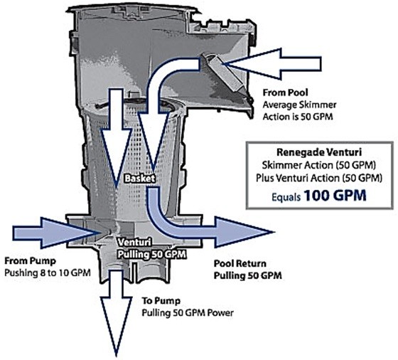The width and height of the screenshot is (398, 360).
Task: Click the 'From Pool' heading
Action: pyautogui.click(x=285, y=92)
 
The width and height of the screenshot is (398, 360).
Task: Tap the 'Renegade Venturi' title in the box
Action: pyautogui.click(x=319, y=152)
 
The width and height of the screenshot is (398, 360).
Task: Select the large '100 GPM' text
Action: pyautogui.click(x=335, y=196)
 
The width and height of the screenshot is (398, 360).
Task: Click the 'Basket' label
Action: pyautogui.click(x=140, y=179)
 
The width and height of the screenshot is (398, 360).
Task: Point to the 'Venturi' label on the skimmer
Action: pyautogui.click(x=131, y=243)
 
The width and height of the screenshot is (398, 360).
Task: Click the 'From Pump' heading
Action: pyautogui.click(x=30, y=261)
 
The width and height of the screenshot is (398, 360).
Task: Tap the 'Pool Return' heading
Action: pyautogui.click(x=240, y=264)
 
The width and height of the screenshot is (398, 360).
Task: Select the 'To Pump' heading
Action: pyautogui.click(x=161, y=301)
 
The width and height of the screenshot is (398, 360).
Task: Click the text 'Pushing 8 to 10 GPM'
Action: pyautogui.click(x=48, y=273)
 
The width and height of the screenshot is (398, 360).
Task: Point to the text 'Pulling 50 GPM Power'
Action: pyautogui.click(x=188, y=313)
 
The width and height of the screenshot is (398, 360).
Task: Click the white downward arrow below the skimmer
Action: pyautogui.click(x=117, y=312)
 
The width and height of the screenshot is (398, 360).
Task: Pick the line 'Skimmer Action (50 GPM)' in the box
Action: pyautogui.click(x=319, y=165)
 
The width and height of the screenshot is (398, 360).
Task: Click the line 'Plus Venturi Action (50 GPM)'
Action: pyautogui.click(x=319, y=178)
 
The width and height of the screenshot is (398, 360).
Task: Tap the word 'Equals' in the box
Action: pyautogui.click(x=286, y=197)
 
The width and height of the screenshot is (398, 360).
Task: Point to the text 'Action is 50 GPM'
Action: pyautogui.click(x=298, y=117)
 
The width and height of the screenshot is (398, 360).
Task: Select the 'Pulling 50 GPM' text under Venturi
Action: pyautogui.click(x=151, y=254)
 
